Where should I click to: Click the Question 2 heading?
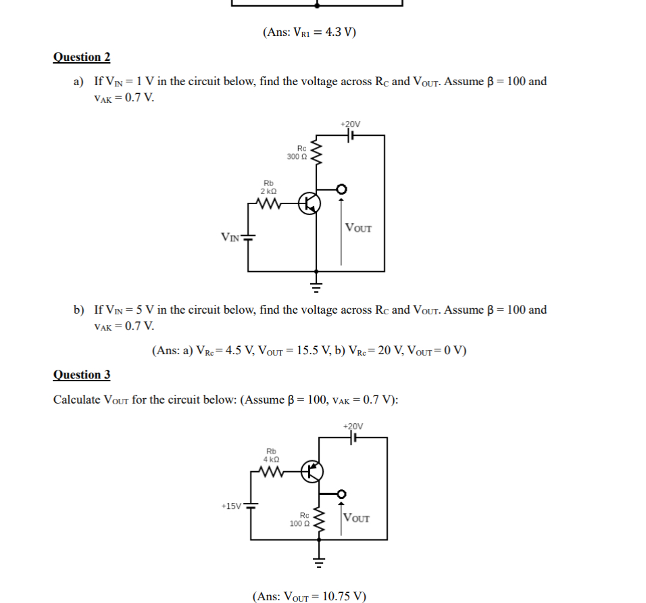[x=82, y=57]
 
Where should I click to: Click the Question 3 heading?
[x=82, y=375]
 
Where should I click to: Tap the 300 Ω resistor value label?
[x=297, y=157]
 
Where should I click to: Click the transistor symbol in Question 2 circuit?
[x=310, y=202]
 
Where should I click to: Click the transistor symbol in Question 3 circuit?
[x=312, y=471]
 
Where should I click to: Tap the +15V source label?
[x=231, y=505]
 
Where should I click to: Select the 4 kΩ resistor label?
[x=272, y=459]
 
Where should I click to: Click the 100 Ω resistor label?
[x=299, y=523]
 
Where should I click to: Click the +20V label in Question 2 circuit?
[x=351, y=124]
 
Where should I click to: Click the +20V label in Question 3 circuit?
[x=353, y=427]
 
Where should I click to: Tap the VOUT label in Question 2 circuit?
[x=358, y=228]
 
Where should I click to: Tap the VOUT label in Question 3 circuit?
[x=357, y=518]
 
